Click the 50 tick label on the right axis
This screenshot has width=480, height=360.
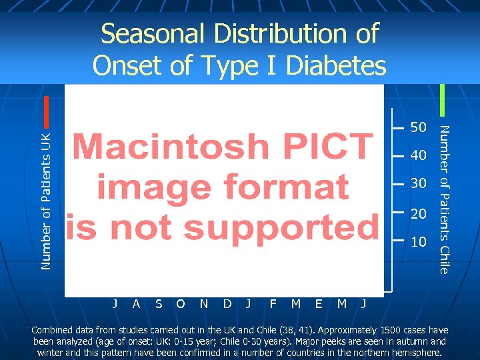click(x=419, y=127)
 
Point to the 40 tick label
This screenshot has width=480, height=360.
click(x=419, y=155)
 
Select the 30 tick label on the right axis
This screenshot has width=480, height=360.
click(x=419, y=183)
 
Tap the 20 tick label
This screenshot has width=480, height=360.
click(x=419, y=213)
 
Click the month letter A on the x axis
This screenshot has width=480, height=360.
click(x=136, y=304)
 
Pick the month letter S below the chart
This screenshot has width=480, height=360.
click(x=158, y=304)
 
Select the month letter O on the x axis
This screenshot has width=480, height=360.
click(x=181, y=304)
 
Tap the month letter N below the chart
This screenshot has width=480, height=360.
click(x=204, y=304)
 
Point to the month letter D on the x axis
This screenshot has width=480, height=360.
click(x=227, y=304)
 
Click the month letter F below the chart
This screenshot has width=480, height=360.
click(x=273, y=304)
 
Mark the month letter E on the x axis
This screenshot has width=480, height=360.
click(x=319, y=304)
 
